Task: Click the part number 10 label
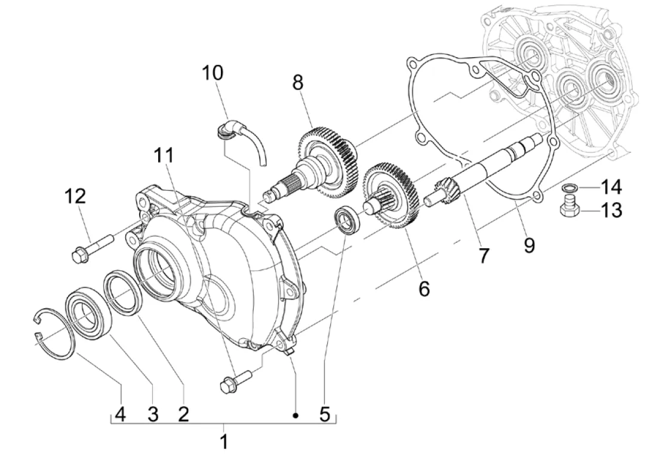click(213, 73)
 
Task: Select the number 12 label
click(75, 196)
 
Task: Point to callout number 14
click(611, 187)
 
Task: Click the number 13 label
click(611, 210)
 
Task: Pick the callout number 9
click(530, 245)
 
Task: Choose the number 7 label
click(484, 256)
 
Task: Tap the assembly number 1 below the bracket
click(224, 441)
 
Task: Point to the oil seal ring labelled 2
click(123, 292)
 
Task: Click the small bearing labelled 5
click(347, 219)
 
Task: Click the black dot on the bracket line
click(296, 415)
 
